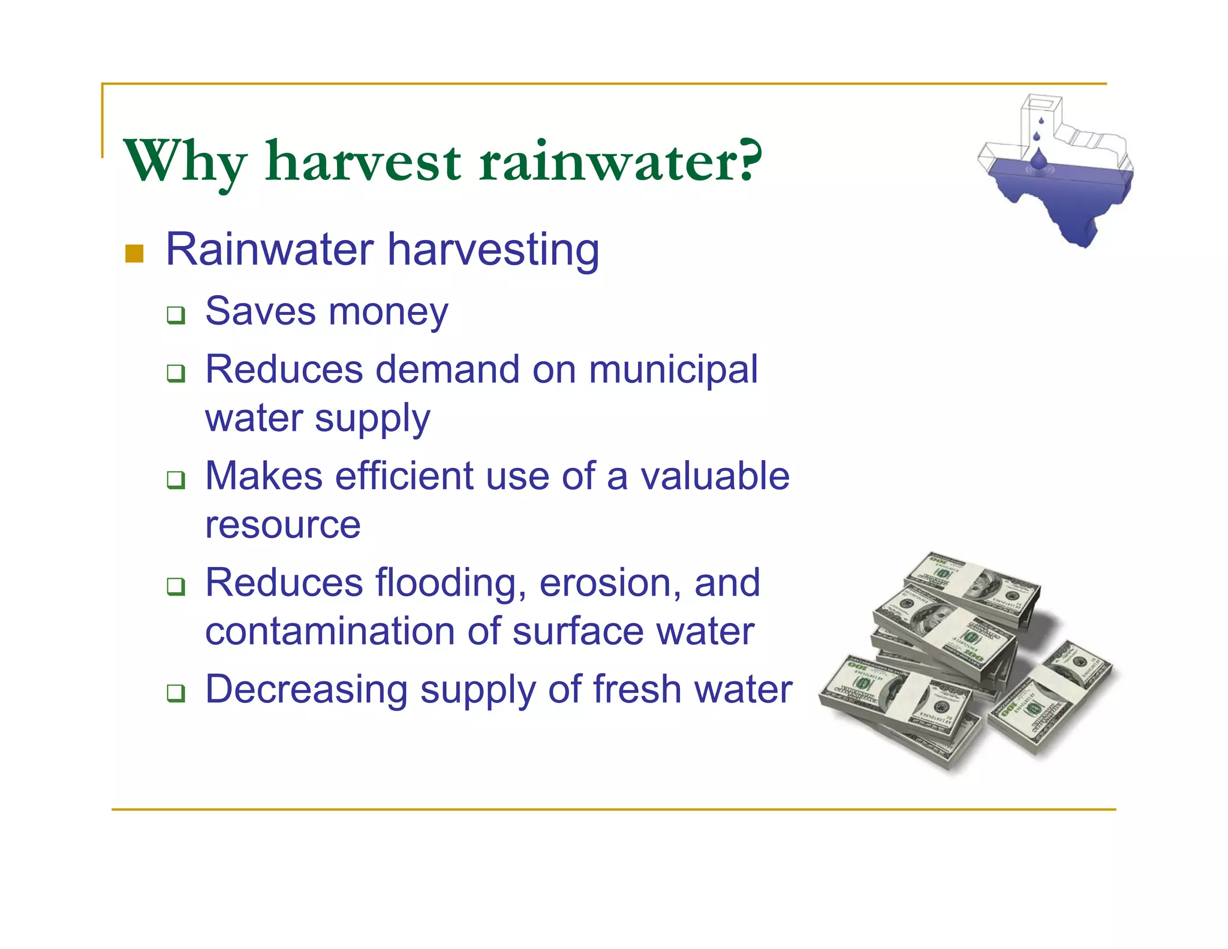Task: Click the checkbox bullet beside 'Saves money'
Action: (x=176, y=315)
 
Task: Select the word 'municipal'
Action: (x=673, y=370)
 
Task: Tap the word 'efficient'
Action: (x=405, y=476)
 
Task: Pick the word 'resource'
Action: (x=282, y=525)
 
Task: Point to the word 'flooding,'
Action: (x=451, y=584)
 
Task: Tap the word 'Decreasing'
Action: (x=306, y=690)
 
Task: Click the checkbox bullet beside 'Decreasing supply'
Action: (x=176, y=693)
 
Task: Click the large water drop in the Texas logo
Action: (x=1039, y=161)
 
